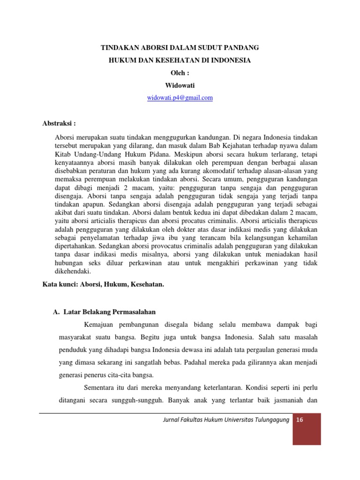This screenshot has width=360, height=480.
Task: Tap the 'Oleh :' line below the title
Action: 180,73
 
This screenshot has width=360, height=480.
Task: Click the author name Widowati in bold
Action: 180,85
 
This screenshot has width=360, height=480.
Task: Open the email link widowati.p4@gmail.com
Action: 180,97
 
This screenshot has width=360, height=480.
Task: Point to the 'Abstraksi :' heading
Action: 59,123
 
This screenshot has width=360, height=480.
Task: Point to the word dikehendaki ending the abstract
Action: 73,271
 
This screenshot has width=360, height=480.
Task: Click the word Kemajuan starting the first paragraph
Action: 101,324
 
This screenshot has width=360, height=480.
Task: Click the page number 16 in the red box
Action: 300,420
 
